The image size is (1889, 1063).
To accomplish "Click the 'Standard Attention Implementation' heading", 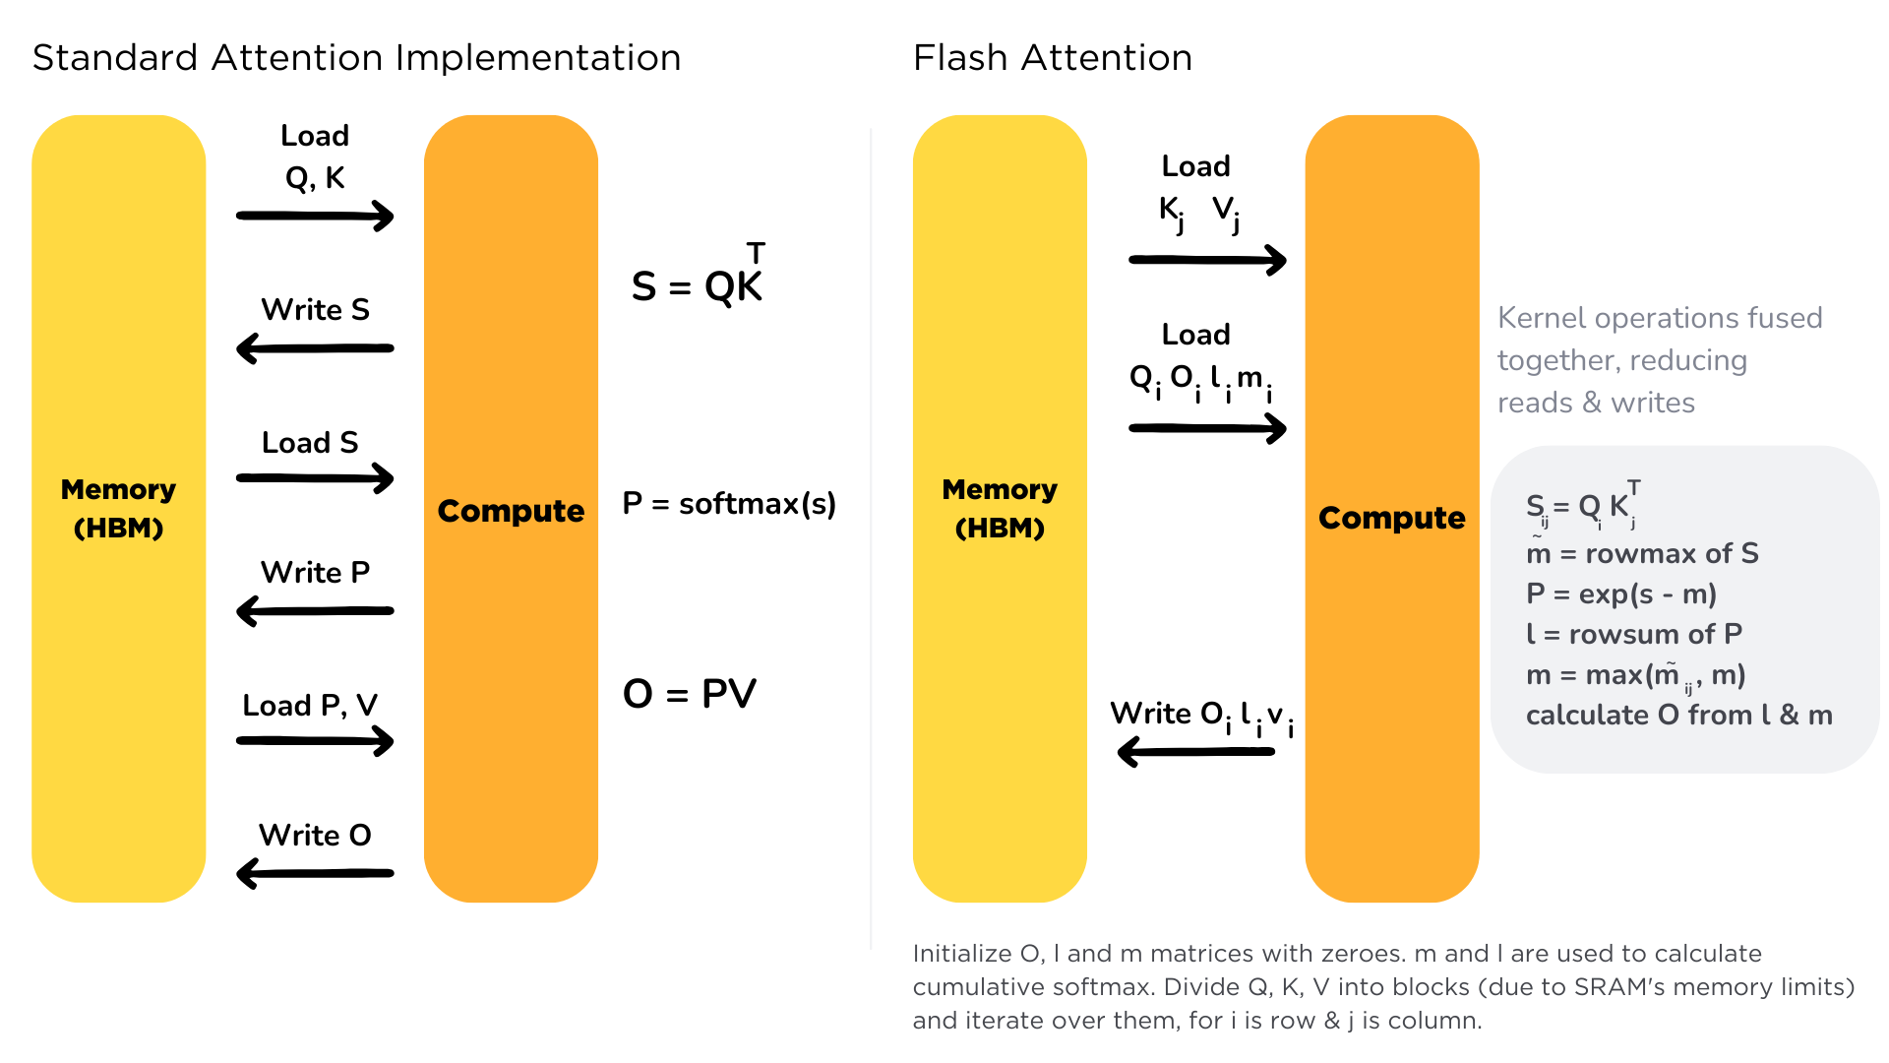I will tap(356, 58).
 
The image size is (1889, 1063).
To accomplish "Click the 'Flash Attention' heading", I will tap(1052, 58).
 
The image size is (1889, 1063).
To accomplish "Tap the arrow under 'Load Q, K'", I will tap(315, 216).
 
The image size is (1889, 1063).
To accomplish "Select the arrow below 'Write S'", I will tap(315, 347).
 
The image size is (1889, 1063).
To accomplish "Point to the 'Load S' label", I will tap(310, 443).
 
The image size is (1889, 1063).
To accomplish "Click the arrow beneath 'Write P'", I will tap(315, 610).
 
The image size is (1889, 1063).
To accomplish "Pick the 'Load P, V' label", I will tap(310, 706).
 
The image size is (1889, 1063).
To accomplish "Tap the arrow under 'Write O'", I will tap(315, 873).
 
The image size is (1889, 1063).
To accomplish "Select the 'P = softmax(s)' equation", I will tap(729, 504).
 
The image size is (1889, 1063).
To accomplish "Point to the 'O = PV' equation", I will tap(690, 694).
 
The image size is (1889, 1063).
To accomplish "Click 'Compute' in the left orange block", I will tap(511, 511).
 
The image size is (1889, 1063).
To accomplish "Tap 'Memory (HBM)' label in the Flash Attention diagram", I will tap(1000, 508).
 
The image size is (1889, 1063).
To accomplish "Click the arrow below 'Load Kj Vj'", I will tap(1207, 260).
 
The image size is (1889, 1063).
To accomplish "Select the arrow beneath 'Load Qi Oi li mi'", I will tap(1207, 428).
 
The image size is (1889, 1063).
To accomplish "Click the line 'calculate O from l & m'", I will tap(1678, 716).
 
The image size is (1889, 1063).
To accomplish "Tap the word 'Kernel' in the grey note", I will tap(1541, 318).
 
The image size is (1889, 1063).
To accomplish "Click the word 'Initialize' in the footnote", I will tap(962, 954).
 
